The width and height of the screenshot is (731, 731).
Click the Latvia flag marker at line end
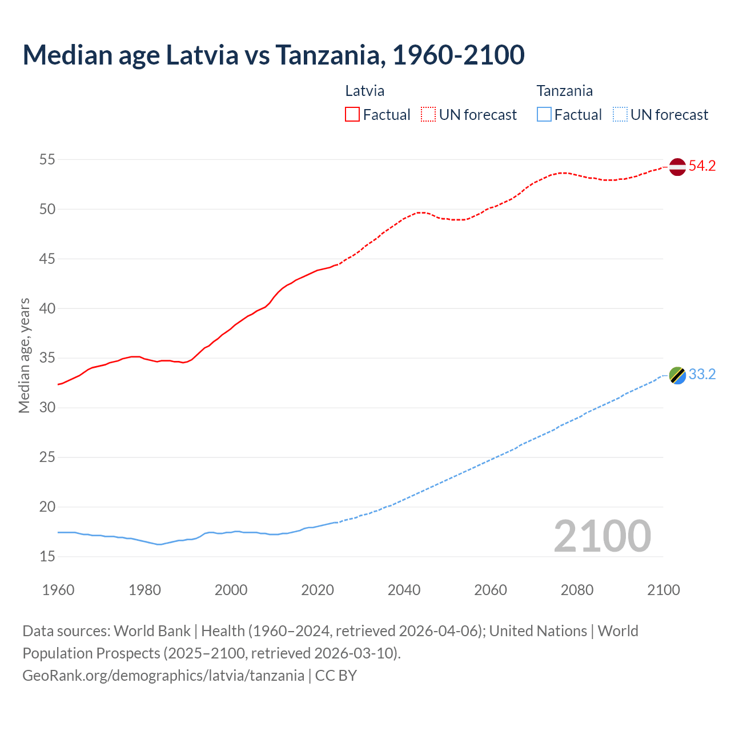coord(677,167)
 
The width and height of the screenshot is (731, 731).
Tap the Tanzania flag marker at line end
coord(677,375)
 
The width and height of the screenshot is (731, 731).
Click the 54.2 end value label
coord(702,166)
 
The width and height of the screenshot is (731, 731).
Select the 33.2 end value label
coord(702,375)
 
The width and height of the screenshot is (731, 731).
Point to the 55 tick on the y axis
coord(47,160)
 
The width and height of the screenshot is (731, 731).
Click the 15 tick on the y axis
coord(47,556)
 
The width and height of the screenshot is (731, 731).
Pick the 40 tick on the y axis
coord(47,308)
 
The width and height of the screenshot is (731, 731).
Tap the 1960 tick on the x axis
coord(58,590)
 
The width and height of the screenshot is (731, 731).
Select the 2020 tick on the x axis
coord(318,590)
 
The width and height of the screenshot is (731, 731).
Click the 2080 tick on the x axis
coord(577,590)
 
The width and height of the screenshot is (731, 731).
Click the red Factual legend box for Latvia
coord(352,115)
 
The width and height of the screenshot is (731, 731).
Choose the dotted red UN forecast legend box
coord(428,115)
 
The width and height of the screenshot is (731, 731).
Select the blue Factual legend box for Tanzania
coord(544,115)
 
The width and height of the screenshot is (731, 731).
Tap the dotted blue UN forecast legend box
coord(620,115)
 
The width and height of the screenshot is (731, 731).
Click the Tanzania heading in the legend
coord(564,91)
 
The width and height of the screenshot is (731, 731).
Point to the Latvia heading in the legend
coord(364,91)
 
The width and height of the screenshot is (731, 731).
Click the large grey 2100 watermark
coord(602,536)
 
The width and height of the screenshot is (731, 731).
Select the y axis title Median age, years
coord(24,355)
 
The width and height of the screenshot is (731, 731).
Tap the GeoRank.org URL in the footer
coord(163,676)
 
